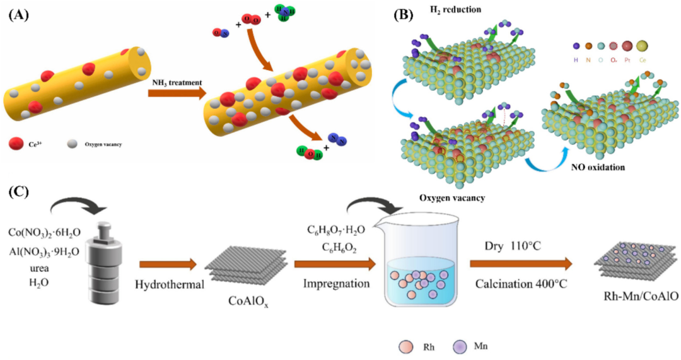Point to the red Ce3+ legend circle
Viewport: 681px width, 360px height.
(15, 144)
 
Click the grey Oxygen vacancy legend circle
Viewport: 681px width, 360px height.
(71, 144)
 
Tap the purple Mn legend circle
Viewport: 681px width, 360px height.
(458, 345)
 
